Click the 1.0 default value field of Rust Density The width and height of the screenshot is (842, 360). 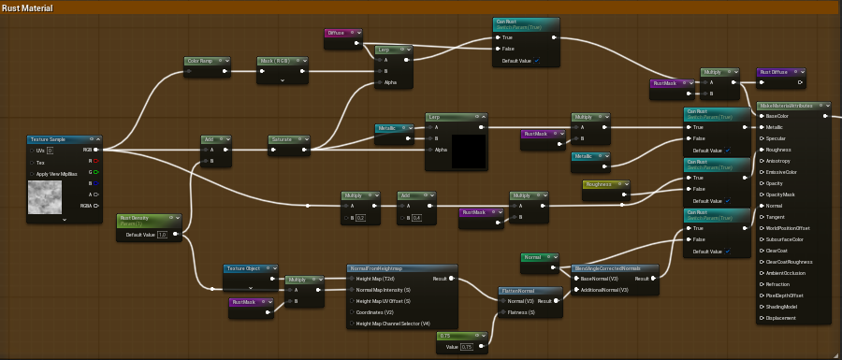point(162,235)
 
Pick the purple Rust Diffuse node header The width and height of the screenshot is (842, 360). point(780,71)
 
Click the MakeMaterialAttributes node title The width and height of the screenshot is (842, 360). point(793,106)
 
